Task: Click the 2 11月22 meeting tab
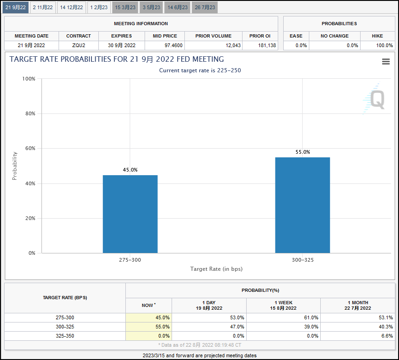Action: pos(43,7)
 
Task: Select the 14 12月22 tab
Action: pos(71,7)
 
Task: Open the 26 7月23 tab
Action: pos(205,7)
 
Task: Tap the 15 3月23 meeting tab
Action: pos(125,7)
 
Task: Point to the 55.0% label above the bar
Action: pos(302,152)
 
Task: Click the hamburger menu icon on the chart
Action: pos(386,62)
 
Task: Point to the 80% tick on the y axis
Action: pos(28,113)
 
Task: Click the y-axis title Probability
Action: pos(14,166)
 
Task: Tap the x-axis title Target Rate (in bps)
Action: pos(216,269)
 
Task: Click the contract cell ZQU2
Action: pos(78,45)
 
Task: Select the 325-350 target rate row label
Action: pos(65,336)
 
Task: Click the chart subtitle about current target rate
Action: pos(199,70)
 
